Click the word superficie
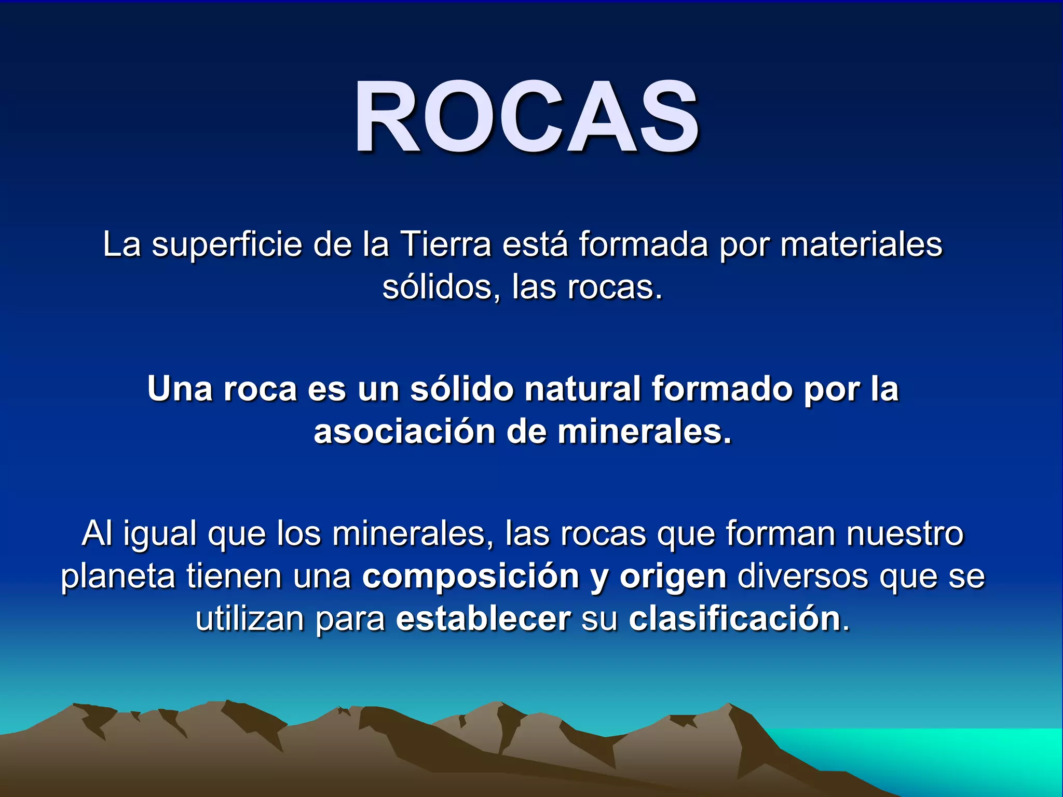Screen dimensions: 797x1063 coord(227,244)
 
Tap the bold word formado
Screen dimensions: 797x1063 coord(722,389)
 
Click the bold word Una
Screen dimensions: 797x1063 coord(180,389)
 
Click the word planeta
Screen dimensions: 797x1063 coord(118,577)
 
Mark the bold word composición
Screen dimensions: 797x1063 coord(470,577)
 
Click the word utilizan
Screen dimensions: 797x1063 coord(250,619)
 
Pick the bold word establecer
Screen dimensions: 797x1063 coord(483,619)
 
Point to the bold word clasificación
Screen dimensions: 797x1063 coord(734,619)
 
